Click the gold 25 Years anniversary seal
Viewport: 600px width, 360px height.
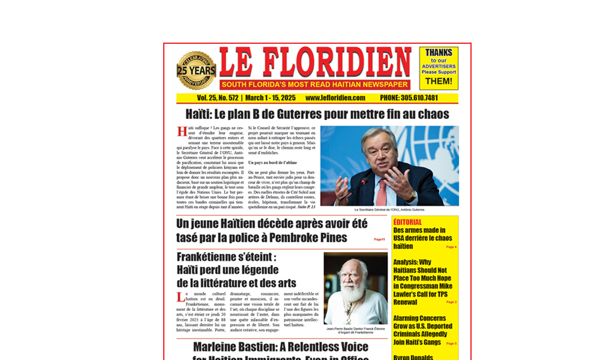[196, 71]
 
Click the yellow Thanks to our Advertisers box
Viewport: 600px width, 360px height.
[439, 68]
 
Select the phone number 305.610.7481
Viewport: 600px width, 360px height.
[409, 98]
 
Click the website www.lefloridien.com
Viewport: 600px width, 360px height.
[335, 98]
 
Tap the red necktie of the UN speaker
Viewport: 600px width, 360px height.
[382, 191]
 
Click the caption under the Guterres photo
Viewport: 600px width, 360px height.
[389, 210]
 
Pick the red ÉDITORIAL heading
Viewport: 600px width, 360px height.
[408, 222]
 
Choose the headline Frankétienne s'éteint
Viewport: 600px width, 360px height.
[226, 257]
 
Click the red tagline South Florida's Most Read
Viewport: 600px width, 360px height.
[314, 85]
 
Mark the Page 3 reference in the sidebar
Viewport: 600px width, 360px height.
[451, 302]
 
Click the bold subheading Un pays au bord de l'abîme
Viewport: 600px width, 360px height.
[272, 163]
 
